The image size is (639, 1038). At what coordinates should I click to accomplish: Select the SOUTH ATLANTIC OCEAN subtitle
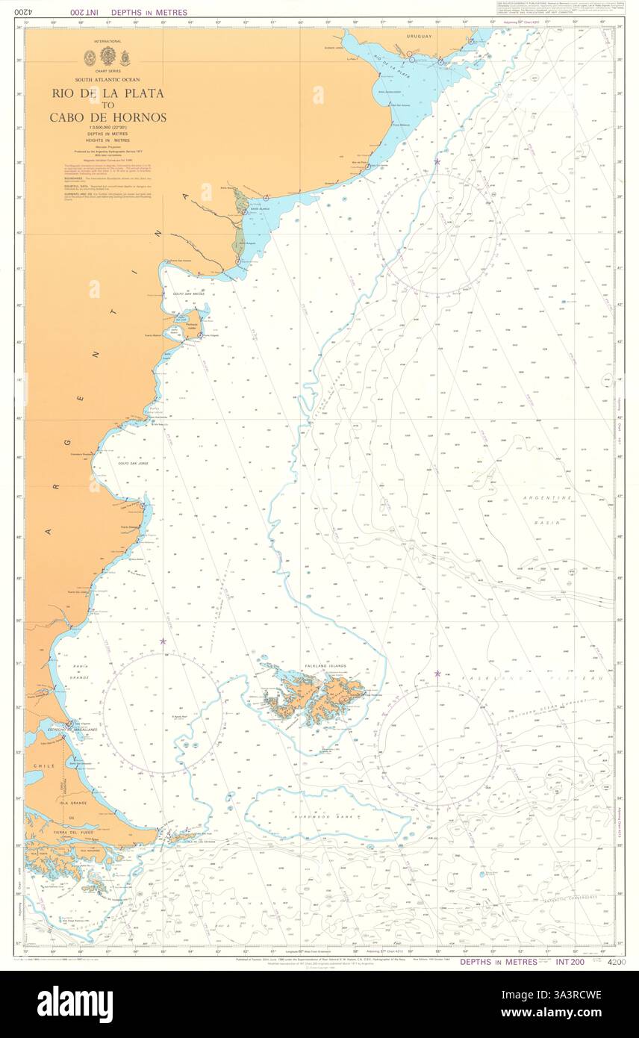click(107, 79)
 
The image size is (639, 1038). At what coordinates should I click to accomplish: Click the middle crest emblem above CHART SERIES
click(107, 56)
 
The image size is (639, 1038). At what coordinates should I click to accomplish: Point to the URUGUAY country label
click(420, 36)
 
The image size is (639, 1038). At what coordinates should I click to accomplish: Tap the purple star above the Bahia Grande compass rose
click(162, 641)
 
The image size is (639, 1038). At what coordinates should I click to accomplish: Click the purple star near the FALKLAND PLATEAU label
click(437, 673)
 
